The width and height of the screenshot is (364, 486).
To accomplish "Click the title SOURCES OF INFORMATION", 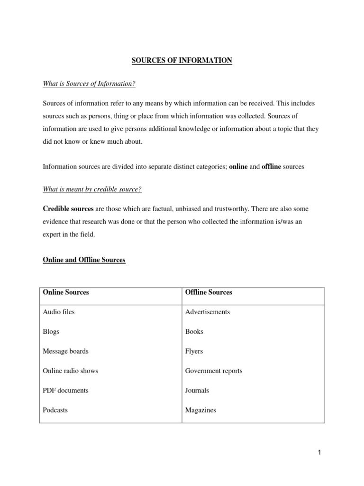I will tap(182, 61).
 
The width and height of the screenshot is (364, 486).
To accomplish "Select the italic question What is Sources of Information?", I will tap(89, 84).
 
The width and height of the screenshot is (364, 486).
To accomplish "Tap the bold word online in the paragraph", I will tap(238, 167).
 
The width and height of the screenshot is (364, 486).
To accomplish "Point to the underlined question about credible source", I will tap(92, 189).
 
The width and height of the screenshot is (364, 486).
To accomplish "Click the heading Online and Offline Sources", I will tap(84, 260).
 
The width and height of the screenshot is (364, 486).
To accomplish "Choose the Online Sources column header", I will tap(66, 292).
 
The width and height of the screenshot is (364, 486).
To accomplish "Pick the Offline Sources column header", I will tap(209, 292).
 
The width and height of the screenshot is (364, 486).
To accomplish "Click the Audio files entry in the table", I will tap(59, 312).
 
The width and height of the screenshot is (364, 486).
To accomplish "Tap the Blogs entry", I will tap(51, 332).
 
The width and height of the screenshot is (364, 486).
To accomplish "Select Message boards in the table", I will tap(66, 351).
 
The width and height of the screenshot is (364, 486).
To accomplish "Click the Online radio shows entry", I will tap(71, 371).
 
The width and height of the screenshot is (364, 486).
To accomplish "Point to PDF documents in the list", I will tap(66, 391).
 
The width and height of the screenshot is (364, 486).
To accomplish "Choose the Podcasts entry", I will tap(55, 410).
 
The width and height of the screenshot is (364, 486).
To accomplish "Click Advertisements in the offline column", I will tap(208, 312).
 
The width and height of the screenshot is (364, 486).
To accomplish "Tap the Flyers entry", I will tap(194, 351).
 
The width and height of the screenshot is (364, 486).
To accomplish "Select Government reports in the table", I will tap(214, 371).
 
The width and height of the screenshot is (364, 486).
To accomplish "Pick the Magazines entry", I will tap(200, 410).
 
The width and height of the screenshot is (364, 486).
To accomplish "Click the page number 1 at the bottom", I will tap(319, 452).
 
